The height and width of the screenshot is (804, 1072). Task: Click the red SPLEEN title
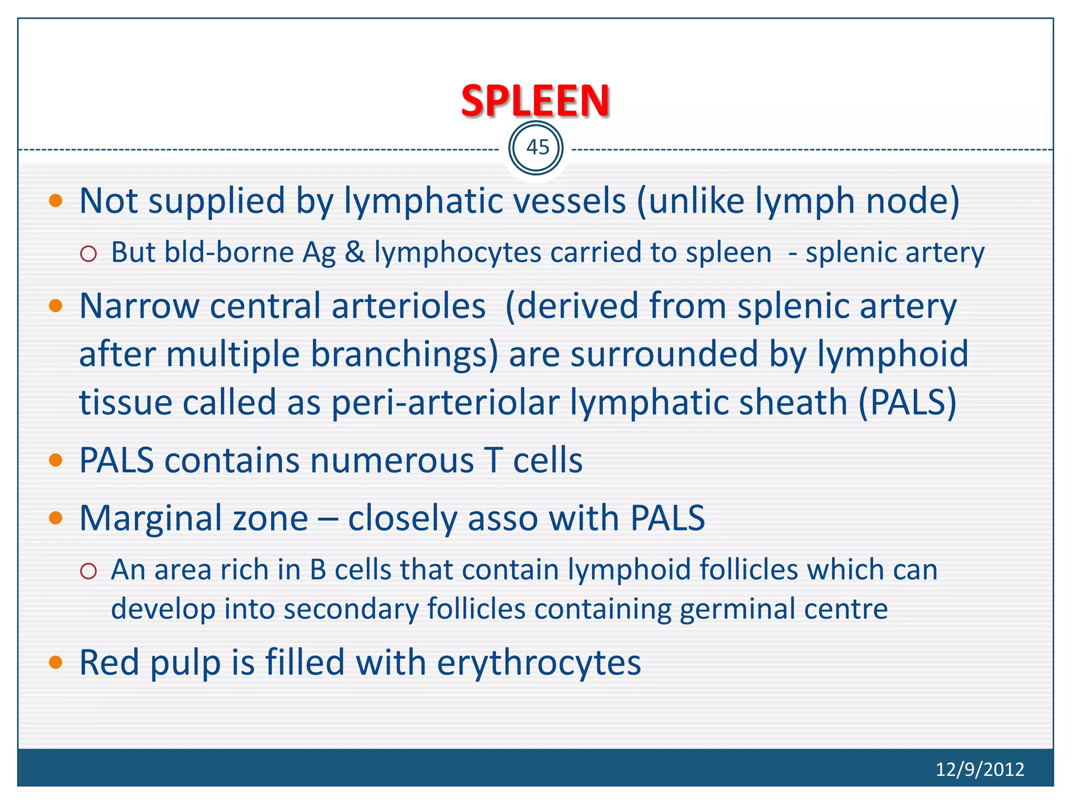535,100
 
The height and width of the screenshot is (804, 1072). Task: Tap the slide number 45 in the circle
537,148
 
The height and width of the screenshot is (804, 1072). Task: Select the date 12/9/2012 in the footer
979,769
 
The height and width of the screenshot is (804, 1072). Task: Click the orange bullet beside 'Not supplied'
55,200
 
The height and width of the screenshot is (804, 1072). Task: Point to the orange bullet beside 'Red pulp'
55,663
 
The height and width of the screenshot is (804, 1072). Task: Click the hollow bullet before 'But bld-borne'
89,254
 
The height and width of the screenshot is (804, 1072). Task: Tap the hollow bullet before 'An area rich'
89,571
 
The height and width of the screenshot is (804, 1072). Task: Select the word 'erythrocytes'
539,663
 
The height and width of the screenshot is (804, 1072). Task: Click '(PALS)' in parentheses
907,402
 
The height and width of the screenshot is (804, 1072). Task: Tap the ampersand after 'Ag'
354,253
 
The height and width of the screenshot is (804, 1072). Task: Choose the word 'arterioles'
408,306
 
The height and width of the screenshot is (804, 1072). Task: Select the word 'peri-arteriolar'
445,402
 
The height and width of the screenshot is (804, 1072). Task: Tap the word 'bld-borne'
229,253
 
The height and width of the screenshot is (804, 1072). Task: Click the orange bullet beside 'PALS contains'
55,461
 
